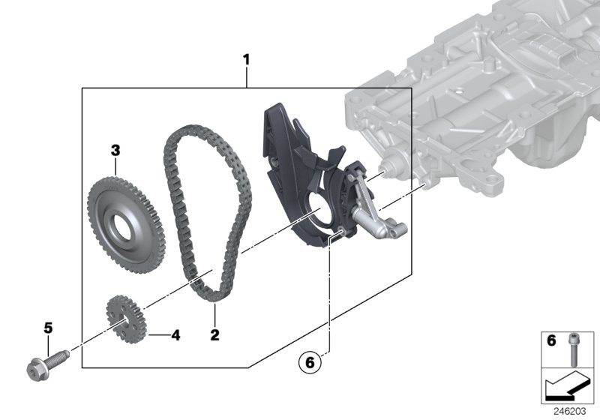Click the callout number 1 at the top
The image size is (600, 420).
(x=246, y=58)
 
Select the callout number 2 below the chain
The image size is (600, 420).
(x=214, y=334)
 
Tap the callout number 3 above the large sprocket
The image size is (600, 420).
(x=115, y=150)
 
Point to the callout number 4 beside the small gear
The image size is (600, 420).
(x=175, y=334)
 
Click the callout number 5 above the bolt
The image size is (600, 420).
(x=49, y=328)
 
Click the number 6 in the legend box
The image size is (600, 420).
(x=551, y=341)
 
